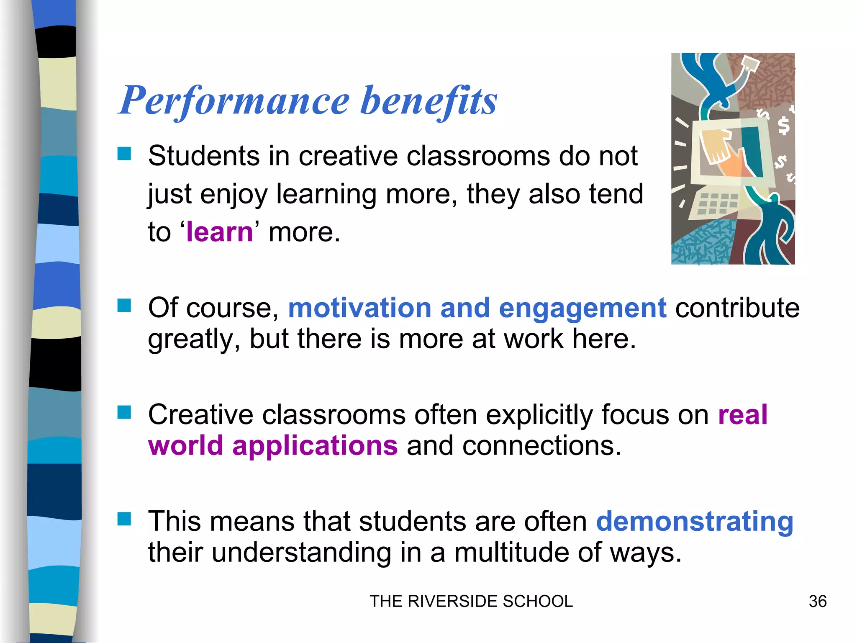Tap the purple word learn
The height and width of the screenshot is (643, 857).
coord(220,232)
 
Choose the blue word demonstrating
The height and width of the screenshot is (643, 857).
coord(695,522)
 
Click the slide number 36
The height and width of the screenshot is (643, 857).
coord(817,602)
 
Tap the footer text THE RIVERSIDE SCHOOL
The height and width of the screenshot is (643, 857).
coord(471,602)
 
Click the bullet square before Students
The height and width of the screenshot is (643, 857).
coord(124,154)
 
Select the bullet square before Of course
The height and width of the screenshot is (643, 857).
coord(124,306)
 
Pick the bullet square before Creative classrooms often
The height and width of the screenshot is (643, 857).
coord(124,412)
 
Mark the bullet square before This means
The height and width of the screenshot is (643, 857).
coord(124,519)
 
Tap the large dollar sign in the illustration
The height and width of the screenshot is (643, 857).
coord(783,126)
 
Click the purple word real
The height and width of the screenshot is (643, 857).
coord(743,415)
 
